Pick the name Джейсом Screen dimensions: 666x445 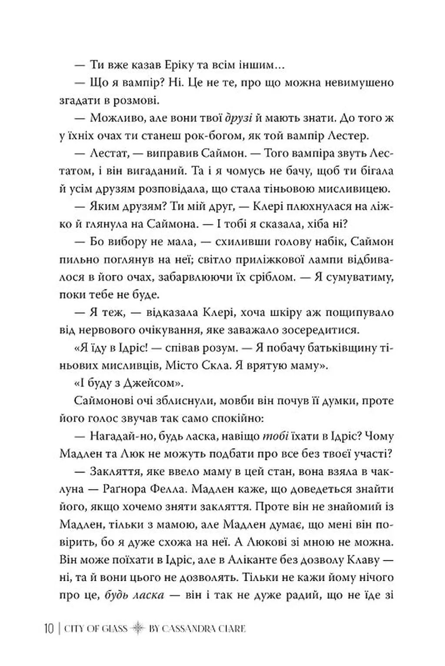click(143, 383)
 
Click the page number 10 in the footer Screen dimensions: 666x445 click(48, 629)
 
